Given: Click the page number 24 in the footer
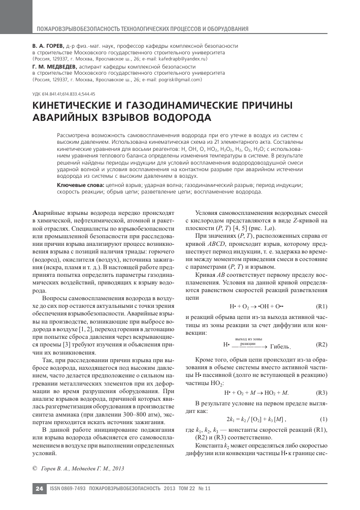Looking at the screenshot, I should pos(39,489).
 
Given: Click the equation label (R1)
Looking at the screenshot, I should pos(321,306).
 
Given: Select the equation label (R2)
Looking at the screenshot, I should pos(321,344).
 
